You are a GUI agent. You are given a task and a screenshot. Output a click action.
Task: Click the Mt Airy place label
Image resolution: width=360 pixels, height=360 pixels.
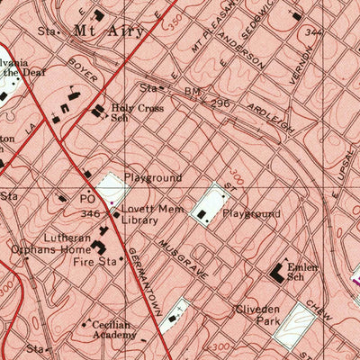pyautogui.click(x=96, y=30)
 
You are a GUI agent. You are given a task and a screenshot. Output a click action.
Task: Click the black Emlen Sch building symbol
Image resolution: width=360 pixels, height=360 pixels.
pyautogui.click(x=278, y=270)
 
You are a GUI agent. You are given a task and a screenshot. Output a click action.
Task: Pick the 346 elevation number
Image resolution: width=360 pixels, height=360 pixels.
pyautogui.click(x=89, y=215)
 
